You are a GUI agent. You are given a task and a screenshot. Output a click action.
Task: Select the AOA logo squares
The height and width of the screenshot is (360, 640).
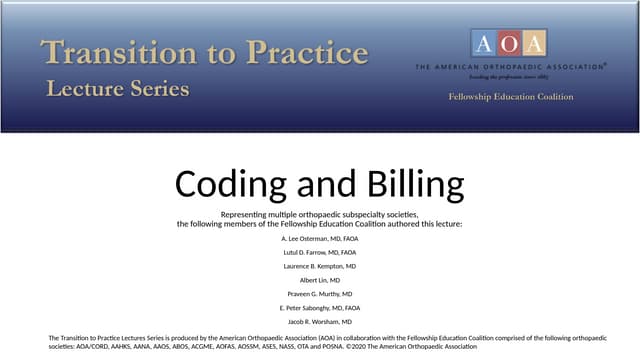509,43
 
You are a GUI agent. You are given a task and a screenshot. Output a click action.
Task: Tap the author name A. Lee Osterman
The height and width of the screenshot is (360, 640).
320,239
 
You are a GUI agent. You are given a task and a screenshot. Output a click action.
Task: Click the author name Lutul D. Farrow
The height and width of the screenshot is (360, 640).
320,253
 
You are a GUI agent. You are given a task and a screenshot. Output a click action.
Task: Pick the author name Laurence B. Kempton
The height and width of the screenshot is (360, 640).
320,267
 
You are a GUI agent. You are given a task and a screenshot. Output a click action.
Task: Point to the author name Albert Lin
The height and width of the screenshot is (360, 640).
320,281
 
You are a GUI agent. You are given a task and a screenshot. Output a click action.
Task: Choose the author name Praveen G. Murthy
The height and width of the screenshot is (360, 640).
320,295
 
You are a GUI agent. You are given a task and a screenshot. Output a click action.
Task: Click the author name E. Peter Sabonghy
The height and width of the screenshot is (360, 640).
320,309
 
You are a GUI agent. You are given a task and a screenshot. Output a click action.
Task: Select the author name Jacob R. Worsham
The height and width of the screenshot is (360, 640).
320,323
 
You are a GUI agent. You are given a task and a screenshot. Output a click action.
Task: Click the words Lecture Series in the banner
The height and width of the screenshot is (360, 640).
117,89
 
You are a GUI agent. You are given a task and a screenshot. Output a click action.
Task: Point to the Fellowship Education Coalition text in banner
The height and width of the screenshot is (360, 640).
510,97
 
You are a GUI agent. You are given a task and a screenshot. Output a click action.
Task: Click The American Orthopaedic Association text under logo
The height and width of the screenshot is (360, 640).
509,67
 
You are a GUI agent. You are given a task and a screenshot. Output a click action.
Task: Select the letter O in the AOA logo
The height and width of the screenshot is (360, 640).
509,43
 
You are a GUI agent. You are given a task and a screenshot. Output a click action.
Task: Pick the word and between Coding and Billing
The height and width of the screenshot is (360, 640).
320,184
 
